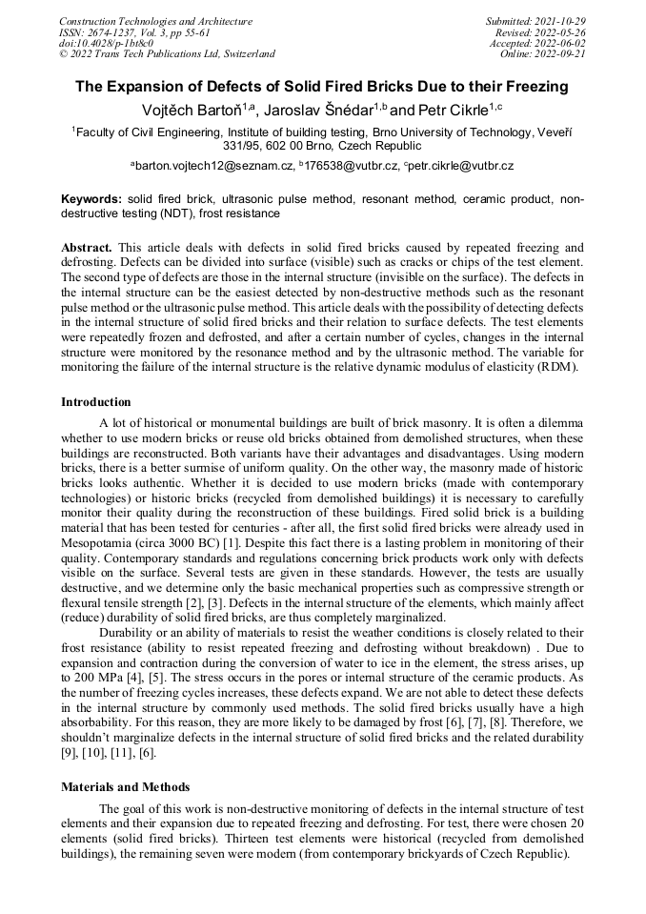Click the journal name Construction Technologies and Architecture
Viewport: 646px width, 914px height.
click(155, 21)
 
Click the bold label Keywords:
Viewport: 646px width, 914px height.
click(91, 199)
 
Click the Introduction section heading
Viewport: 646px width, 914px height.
click(96, 401)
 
